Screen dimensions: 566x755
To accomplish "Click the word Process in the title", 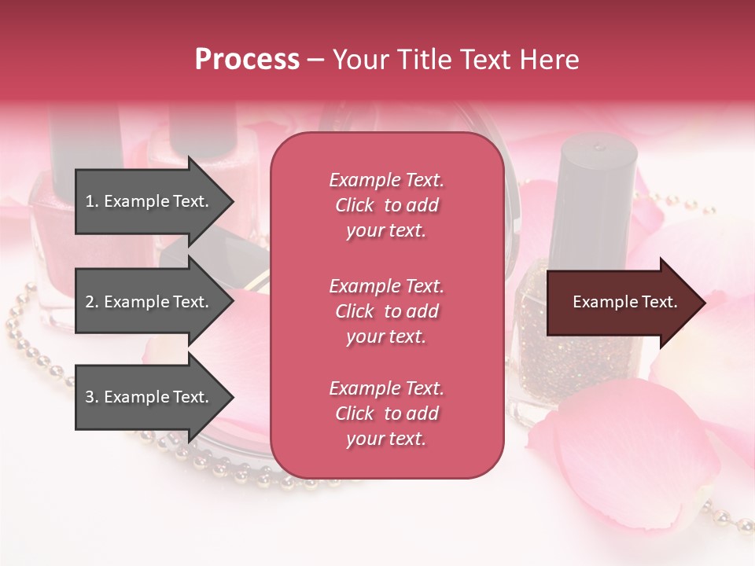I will point(247,60).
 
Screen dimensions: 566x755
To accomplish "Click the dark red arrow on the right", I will point(621,302).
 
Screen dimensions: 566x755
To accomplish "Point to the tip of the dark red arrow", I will point(704,303).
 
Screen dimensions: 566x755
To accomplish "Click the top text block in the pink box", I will point(386,205).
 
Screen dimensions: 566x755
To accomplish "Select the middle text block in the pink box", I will point(386,311).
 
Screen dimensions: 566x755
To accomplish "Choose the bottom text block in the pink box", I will point(386,413).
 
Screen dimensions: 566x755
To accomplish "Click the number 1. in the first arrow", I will point(92,201).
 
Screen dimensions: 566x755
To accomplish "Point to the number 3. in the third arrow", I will point(92,397).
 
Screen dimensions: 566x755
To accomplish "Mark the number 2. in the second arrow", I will point(92,302).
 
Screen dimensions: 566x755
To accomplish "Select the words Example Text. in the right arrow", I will point(625,302).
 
